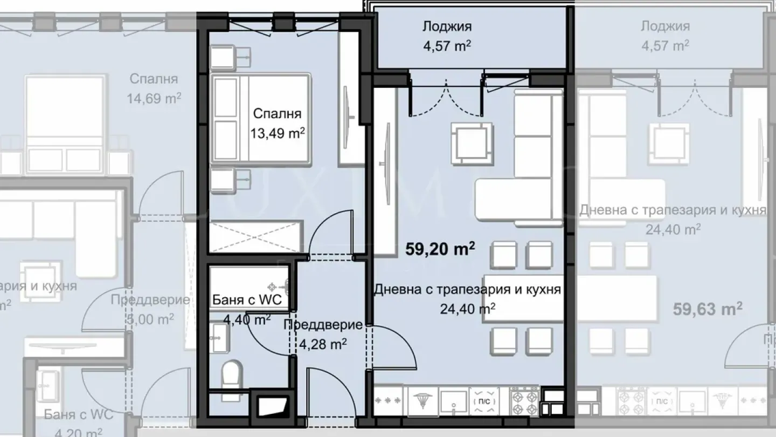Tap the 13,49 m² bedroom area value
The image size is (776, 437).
point(277,133)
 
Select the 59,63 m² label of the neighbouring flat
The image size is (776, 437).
point(708,309)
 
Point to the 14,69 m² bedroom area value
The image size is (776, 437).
point(154,98)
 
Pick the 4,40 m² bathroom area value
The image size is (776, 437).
point(247,319)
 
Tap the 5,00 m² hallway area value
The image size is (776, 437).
point(149,319)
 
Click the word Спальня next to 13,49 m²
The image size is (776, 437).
point(277,114)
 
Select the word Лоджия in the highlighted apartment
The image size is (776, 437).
point(447,26)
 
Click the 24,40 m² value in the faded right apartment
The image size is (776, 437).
point(673,229)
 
